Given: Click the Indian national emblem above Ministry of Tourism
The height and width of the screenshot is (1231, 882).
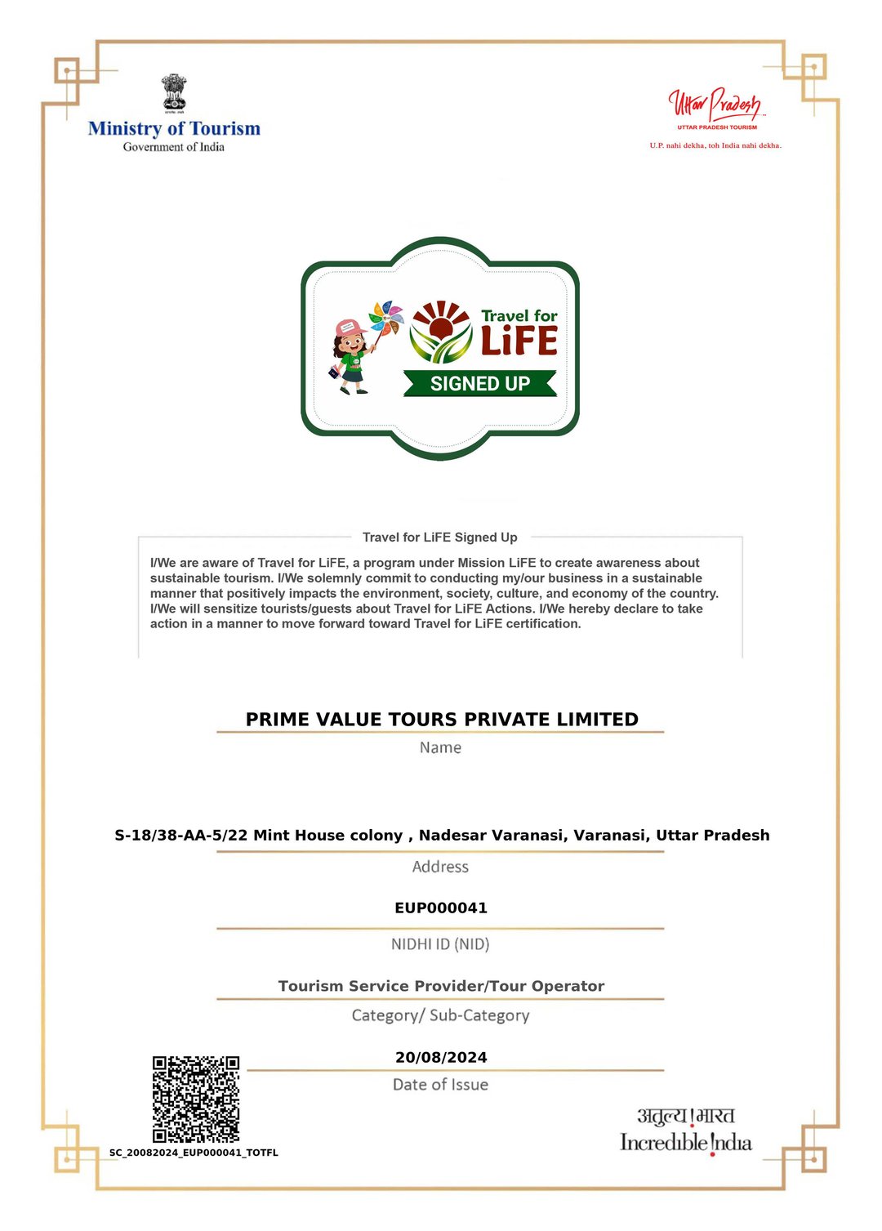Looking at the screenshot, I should click(x=174, y=92).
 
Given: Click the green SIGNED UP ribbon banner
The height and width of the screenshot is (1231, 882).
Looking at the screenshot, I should click(x=480, y=383).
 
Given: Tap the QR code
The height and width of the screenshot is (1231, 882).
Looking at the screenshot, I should click(x=196, y=1099).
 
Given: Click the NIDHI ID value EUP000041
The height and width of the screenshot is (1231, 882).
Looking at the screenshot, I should click(x=441, y=908).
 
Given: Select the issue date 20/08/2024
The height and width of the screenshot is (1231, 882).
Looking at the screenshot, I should click(x=441, y=1057).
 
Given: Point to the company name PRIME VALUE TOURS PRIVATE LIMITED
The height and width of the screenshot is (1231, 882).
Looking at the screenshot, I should click(x=442, y=719).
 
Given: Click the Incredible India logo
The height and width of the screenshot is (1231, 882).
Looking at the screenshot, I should click(x=686, y=1131).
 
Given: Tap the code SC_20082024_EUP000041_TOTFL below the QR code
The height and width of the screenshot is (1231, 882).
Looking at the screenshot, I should click(x=194, y=1153).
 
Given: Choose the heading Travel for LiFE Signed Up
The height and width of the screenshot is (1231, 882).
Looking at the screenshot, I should click(x=440, y=537).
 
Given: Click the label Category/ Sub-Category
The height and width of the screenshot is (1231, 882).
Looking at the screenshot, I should click(x=440, y=1015).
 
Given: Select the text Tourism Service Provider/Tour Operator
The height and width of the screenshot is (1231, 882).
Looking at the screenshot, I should click(x=441, y=986).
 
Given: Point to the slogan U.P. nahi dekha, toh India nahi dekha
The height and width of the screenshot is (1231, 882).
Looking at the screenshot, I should click(x=715, y=145).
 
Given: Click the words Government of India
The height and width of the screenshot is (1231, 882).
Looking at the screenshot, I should click(x=174, y=147).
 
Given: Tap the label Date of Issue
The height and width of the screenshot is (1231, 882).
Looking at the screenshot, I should click(x=440, y=1085).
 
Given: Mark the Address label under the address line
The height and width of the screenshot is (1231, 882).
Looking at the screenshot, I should click(x=440, y=867).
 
